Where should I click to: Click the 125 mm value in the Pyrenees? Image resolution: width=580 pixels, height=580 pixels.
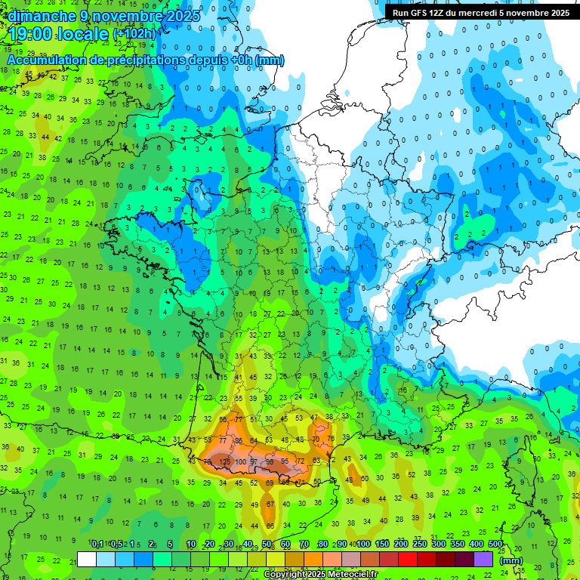coord(224,461)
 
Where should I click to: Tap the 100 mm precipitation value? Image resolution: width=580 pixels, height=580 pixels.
coord(241,461)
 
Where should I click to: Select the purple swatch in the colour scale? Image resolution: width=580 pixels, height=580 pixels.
coord(483,559)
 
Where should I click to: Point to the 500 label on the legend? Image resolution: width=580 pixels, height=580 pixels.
coord(495,545)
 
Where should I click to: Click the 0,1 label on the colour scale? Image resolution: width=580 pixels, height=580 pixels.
coord(97,545)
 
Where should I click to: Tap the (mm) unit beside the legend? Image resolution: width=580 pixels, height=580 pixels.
coord(511,560)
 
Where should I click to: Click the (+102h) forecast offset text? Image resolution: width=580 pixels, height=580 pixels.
coord(134,34)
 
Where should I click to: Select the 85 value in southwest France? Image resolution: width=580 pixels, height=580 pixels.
coord(239,440)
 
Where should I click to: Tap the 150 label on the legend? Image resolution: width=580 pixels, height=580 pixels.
coord(383,545)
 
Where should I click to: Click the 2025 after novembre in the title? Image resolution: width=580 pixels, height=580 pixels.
coord(182,16)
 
